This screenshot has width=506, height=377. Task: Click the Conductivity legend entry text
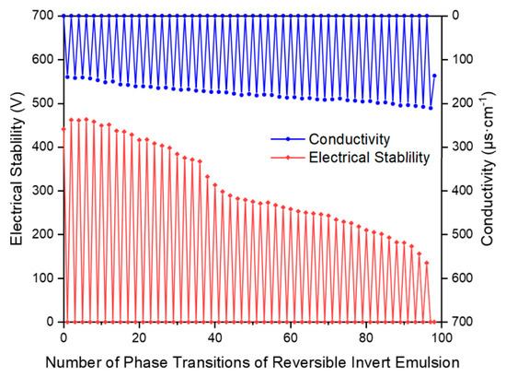pyautogui.click(x=350, y=139)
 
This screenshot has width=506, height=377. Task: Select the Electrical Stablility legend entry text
pyautogui.click(x=370, y=158)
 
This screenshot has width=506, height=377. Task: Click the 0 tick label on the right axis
pyautogui.click(x=455, y=15)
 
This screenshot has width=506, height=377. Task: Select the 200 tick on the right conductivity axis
pyautogui.click(x=463, y=103)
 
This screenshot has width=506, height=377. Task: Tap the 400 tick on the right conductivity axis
pyautogui.click(x=463, y=191)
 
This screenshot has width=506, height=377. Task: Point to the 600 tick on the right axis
pyautogui.click(x=463, y=278)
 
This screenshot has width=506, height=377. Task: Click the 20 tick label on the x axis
pyautogui.click(x=139, y=338)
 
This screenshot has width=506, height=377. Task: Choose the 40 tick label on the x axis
pyautogui.click(x=214, y=338)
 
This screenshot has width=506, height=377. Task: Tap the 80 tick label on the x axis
pyautogui.click(x=366, y=338)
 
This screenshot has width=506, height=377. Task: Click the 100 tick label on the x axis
pyautogui.click(x=442, y=338)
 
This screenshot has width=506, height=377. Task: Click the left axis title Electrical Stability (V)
pyautogui.click(x=17, y=169)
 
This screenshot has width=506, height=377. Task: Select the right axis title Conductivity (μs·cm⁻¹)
pyautogui.click(x=488, y=169)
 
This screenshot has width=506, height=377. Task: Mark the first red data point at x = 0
pyautogui.click(x=63, y=129)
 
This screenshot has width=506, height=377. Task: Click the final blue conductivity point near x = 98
pyautogui.click(x=434, y=76)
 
